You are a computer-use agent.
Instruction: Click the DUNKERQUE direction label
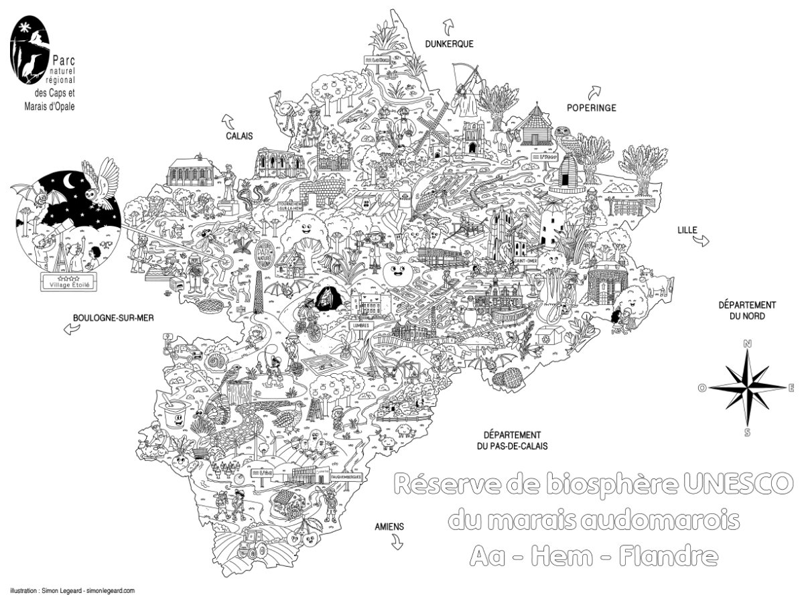[449, 44]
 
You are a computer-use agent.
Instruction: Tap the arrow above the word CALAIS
[228, 121]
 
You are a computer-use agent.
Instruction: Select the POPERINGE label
[591, 107]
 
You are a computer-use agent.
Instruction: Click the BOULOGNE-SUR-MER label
[114, 318]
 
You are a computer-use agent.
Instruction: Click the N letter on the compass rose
[747, 344]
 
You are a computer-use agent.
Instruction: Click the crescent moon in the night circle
[70, 182]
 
